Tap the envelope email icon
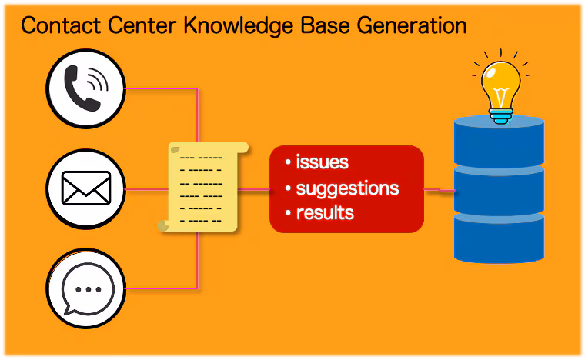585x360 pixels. [86, 188]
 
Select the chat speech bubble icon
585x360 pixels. [87, 289]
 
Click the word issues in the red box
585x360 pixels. [322, 162]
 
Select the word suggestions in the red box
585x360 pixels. [347, 188]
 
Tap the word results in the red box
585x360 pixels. [325, 213]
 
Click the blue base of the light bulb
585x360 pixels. [500, 115]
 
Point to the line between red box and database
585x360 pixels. [439, 189]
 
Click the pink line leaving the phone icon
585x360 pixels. [162, 88]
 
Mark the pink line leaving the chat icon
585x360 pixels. [162, 288]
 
